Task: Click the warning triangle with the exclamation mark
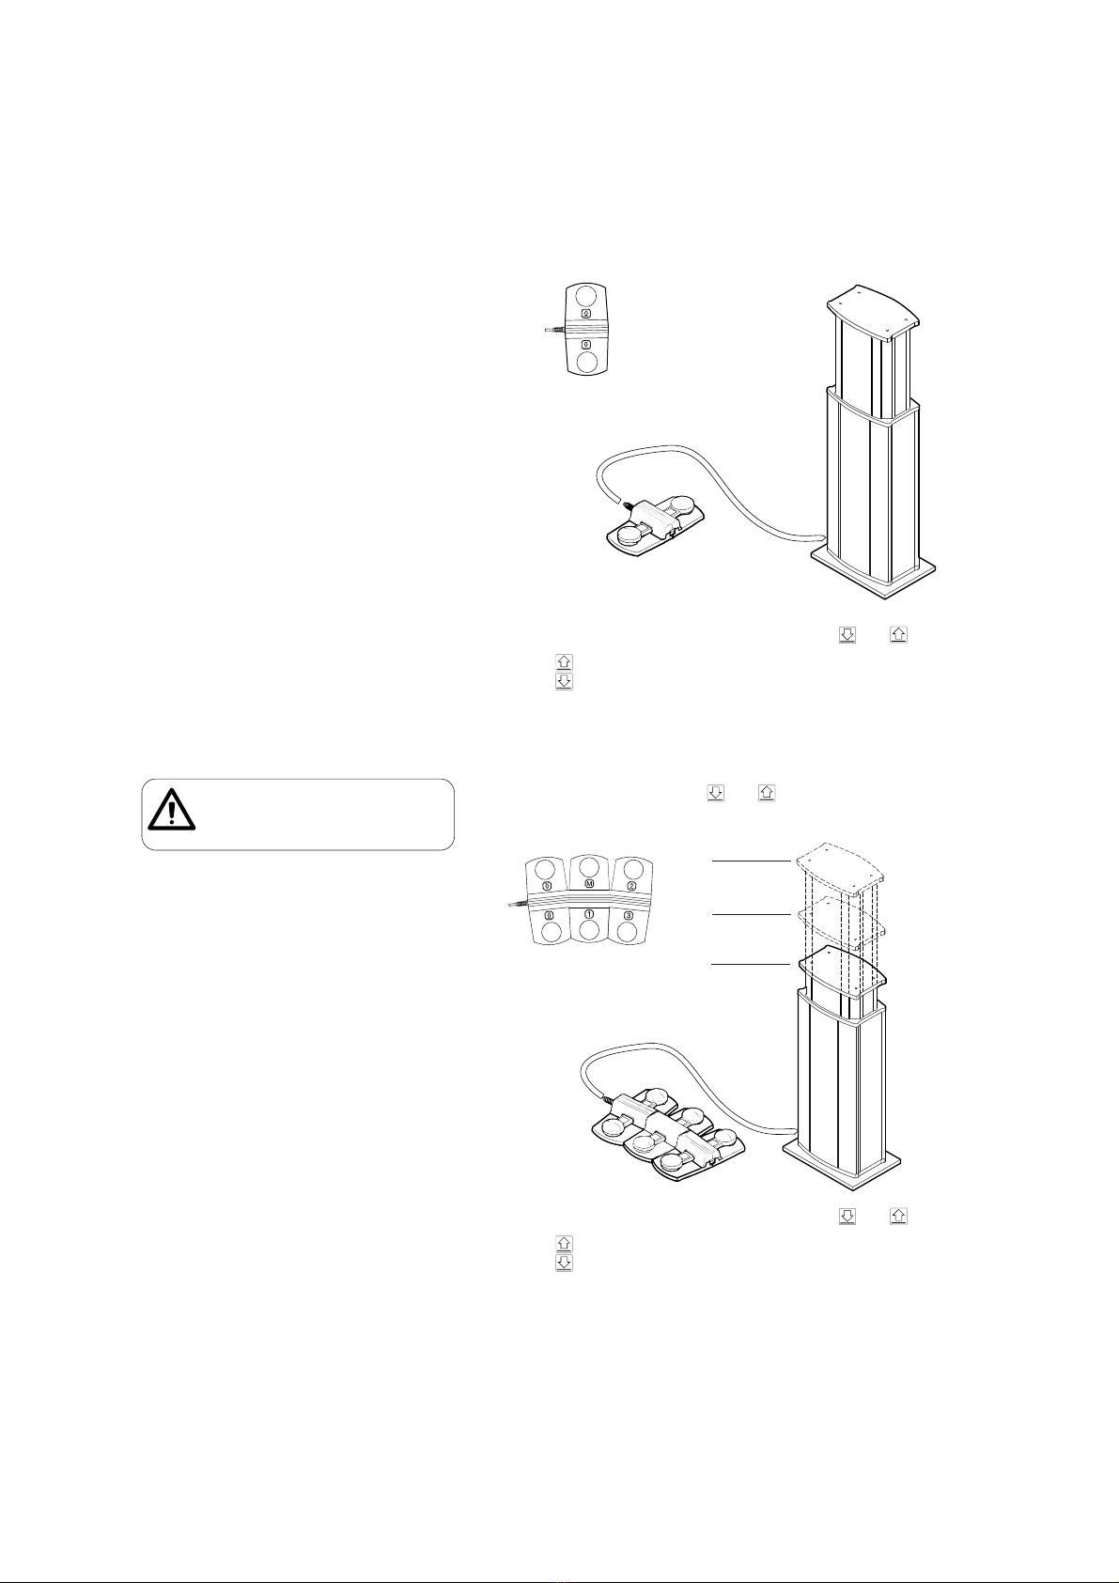pyautogui.click(x=171, y=807)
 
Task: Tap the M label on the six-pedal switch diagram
pyautogui.click(x=589, y=885)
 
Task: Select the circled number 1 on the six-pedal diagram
pyautogui.click(x=589, y=914)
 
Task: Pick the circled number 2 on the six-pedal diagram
pyautogui.click(x=631, y=885)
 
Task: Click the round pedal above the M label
pyautogui.click(x=589, y=867)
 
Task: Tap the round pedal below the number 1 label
pyautogui.click(x=589, y=931)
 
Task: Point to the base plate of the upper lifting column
pyautogui.click(x=875, y=574)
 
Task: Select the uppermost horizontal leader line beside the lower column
pyautogui.click(x=751, y=861)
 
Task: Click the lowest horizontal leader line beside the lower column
pyautogui.click(x=751, y=964)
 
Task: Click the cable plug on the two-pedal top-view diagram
pyautogui.click(x=555, y=330)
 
